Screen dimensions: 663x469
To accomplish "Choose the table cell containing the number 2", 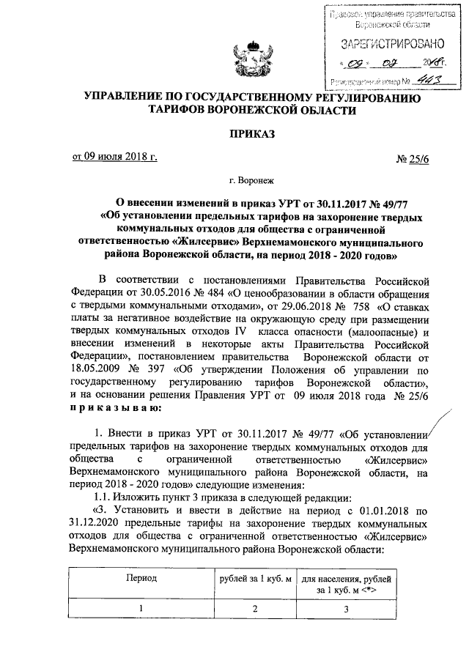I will (x=251, y=609).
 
